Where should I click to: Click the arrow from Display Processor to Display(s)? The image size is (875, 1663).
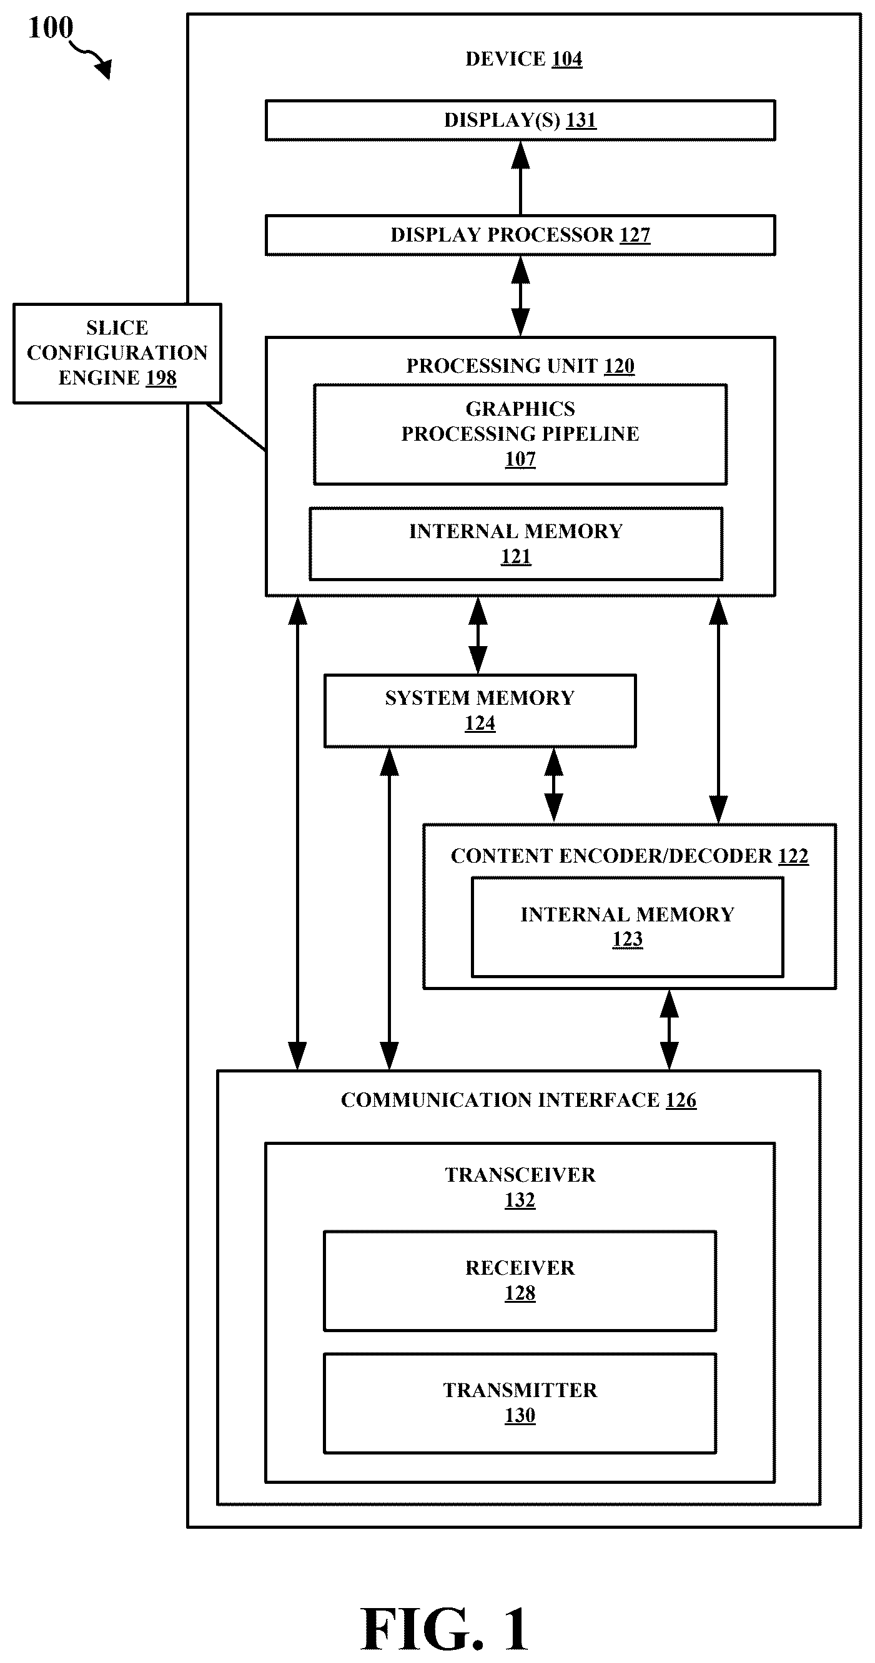click(x=520, y=178)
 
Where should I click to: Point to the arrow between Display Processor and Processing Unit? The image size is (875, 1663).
click(x=520, y=297)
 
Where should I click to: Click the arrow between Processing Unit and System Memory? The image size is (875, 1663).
click(x=478, y=635)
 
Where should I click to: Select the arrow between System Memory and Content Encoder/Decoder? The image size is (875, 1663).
click(x=553, y=786)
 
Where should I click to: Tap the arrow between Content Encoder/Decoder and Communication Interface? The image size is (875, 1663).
click(x=669, y=1029)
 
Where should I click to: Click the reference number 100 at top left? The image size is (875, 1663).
click(x=51, y=27)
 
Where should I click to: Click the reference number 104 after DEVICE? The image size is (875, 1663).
click(x=567, y=59)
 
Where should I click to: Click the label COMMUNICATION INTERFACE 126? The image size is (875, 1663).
click(x=518, y=1099)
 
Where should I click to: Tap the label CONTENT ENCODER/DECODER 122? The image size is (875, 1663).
click(x=630, y=855)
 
